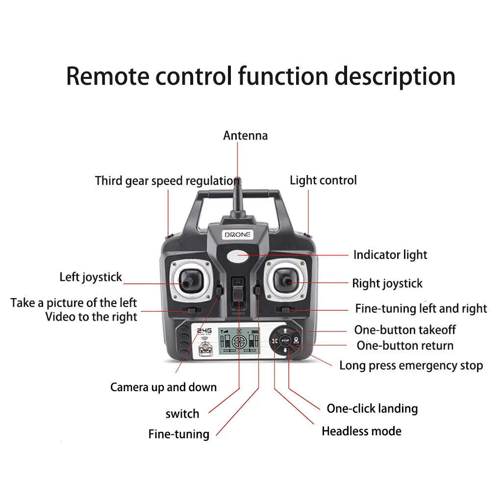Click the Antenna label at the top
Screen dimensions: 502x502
(245, 135)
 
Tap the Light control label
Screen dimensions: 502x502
(323, 180)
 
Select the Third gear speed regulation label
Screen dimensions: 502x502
(167, 181)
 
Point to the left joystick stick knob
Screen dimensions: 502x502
(187, 282)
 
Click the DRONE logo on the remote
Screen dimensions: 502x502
(237, 235)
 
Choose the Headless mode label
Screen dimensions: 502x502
(361, 431)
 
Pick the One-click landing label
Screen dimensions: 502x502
(372, 408)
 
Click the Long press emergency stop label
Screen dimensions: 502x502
(411, 366)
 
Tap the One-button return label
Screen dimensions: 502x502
(405, 346)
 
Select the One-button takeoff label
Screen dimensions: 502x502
(405, 330)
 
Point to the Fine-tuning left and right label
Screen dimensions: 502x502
(421, 309)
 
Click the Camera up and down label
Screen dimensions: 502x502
(163, 387)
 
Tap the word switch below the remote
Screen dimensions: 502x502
(182, 414)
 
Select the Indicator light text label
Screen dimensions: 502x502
(390, 255)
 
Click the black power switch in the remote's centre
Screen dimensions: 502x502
(238, 297)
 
